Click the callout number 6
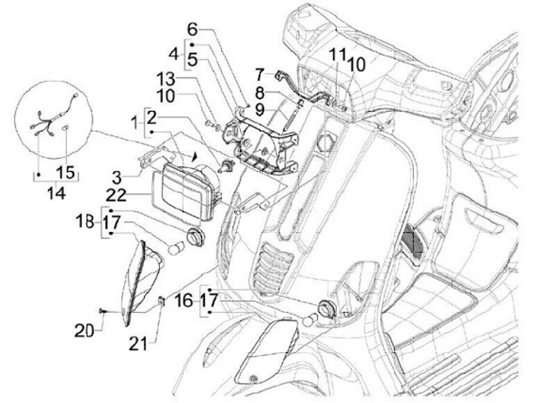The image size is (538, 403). pyautogui.click(x=193, y=30)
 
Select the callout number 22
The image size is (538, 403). pyautogui.click(x=117, y=196)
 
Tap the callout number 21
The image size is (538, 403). pyautogui.click(x=138, y=343)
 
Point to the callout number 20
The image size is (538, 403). pyautogui.click(x=84, y=331)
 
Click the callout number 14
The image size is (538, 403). pyautogui.click(x=56, y=193)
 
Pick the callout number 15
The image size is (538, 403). pyautogui.click(x=66, y=172)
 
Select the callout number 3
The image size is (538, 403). pyautogui.click(x=117, y=178)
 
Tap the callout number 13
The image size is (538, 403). pyautogui.click(x=166, y=80)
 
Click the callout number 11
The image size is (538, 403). pyautogui.click(x=338, y=54)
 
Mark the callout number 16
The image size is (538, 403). pyautogui.click(x=184, y=301)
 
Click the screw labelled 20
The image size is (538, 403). pyautogui.click(x=102, y=310)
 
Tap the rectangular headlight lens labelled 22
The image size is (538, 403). pyautogui.click(x=182, y=196)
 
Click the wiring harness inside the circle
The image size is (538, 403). pyautogui.click(x=52, y=116)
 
